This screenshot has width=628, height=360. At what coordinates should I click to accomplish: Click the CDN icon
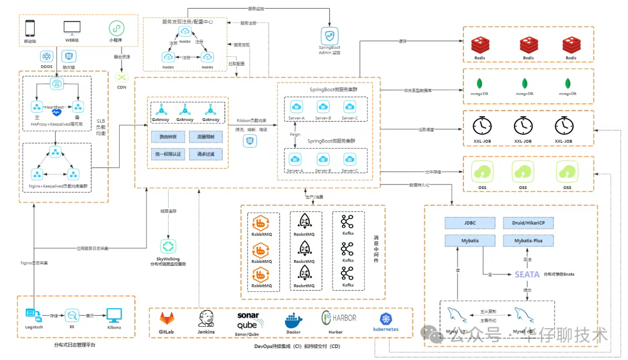(122, 77)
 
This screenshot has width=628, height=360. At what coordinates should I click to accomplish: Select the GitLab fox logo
(167, 319)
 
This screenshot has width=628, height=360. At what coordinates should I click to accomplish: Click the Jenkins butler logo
(206, 318)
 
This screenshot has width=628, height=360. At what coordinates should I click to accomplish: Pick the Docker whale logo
(293, 320)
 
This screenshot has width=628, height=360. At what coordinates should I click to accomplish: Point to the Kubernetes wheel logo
(386, 318)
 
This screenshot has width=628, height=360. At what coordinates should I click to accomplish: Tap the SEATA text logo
(527, 274)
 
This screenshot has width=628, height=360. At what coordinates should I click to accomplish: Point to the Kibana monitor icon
(114, 315)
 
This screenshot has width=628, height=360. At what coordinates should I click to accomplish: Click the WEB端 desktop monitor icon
(72, 27)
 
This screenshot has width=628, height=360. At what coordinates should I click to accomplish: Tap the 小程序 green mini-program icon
(118, 27)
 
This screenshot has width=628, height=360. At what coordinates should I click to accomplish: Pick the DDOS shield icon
(47, 56)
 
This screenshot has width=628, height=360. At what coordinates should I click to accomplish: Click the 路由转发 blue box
(168, 137)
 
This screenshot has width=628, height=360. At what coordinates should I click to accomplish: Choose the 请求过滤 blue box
(205, 154)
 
